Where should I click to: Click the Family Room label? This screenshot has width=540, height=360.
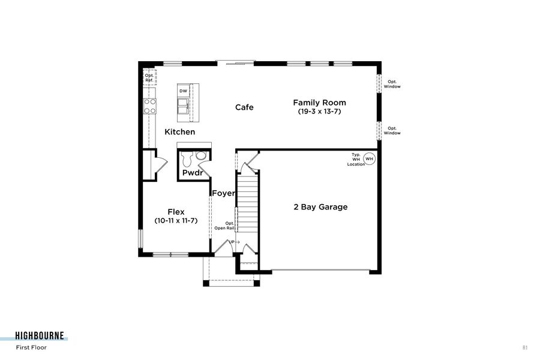pos(319,103)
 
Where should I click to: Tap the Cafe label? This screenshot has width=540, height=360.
pos(244,107)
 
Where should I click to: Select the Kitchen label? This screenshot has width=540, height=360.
pos(180,132)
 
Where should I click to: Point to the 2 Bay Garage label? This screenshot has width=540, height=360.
pos(320,207)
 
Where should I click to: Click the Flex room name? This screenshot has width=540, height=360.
pos(176,212)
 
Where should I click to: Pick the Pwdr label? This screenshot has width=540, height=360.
pos(193,173)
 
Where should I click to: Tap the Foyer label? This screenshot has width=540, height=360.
pos(223,193)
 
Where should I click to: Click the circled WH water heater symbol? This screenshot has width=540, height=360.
pos(370,159)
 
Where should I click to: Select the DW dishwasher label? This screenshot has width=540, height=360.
pos(183,91)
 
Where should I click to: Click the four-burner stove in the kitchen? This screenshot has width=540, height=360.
pos(150,106)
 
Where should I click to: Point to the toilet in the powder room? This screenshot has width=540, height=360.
pos(186,159)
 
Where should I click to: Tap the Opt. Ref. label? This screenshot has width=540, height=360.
pos(149,77)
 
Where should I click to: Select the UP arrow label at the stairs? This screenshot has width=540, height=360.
pos(233,242)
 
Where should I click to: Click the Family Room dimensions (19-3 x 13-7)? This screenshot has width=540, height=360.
pos(319,112)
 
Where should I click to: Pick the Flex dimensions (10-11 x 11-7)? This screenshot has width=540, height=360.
pos(176,221)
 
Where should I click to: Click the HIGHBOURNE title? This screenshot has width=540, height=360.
pos(40,336)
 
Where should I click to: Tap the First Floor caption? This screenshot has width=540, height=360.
pos(31,347)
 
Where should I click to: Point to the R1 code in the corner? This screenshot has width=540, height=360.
pos(525,347)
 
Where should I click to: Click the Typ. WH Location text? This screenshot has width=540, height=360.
pos(356,159)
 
